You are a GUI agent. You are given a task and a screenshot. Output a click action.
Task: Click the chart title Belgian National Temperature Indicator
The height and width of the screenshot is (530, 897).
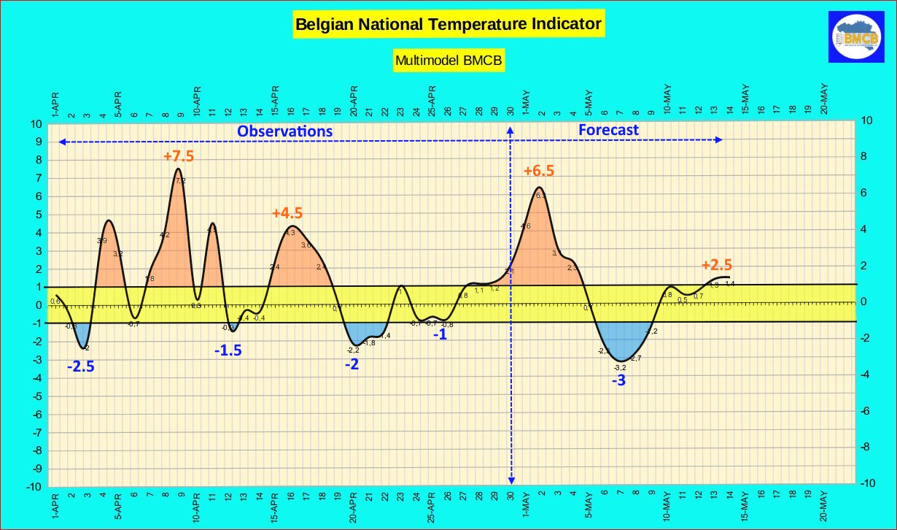(x=448, y=24)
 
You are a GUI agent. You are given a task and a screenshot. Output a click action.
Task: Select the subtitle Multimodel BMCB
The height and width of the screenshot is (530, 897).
(x=448, y=61)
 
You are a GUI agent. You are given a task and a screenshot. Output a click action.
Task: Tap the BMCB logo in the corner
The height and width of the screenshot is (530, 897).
(x=857, y=36)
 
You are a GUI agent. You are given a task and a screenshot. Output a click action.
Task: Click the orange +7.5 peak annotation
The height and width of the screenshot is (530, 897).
(x=179, y=156)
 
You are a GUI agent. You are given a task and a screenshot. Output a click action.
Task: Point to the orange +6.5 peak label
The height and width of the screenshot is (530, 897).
(x=539, y=171)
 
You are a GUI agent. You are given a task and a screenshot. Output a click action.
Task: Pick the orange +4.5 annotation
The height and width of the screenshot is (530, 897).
(x=287, y=213)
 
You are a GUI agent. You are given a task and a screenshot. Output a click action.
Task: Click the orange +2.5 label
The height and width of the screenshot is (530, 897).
(x=717, y=265)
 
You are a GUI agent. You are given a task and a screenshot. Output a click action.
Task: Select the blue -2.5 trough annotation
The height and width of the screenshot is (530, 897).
(x=81, y=366)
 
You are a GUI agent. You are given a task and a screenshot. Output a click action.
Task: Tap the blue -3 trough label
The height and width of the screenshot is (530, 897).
(x=618, y=380)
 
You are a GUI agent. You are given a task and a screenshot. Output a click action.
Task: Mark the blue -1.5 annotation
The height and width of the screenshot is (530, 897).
(x=228, y=350)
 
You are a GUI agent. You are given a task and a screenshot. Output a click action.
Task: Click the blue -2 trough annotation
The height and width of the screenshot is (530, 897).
(x=352, y=364)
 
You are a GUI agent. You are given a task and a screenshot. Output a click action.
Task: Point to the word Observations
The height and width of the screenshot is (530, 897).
(x=285, y=131)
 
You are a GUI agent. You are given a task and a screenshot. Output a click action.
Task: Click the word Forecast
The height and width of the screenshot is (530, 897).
(x=608, y=130)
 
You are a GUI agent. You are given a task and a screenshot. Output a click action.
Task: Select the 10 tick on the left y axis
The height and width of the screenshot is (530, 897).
(x=37, y=124)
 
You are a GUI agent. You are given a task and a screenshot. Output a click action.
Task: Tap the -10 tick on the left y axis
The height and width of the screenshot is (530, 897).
(x=35, y=486)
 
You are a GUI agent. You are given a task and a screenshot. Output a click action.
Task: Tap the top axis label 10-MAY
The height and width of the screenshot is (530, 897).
(x=667, y=100)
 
